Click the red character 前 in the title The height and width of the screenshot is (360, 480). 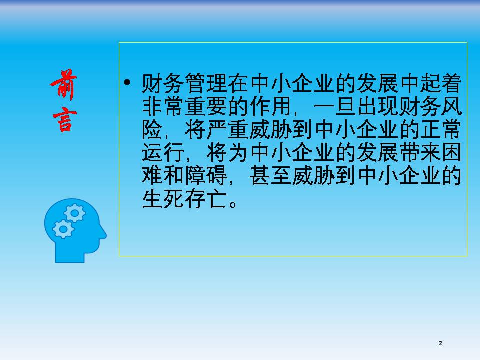pyautogui.click(x=63, y=84)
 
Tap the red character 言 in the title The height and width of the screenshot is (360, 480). pyautogui.click(x=64, y=119)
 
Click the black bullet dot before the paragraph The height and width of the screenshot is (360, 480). pyautogui.click(x=127, y=82)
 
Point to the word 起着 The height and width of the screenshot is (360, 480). pyautogui.click(x=440, y=83)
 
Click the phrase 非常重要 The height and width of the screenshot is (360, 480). pyautogui.click(x=185, y=106)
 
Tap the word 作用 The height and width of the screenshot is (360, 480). pyautogui.click(x=270, y=106)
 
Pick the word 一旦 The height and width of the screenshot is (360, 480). pyautogui.click(x=335, y=106)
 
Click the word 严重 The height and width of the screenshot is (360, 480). pyautogui.click(x=227, y=130)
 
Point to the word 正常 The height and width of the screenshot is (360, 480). pyautogui.click(x=440, y=130)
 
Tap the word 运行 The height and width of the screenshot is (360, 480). pyautogui.click(x=163, y=153)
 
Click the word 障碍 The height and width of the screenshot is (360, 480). pyautogui.click(x=206, y=175)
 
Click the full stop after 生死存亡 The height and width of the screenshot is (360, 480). pyautogui.click(x=233, y=204)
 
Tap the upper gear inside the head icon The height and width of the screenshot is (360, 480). pyautogui.click(x=74, y=213)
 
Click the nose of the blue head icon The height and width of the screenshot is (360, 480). pyautogui.click(x=104, y=235)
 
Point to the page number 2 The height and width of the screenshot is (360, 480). pyautogui.click(x=441, y=343)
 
